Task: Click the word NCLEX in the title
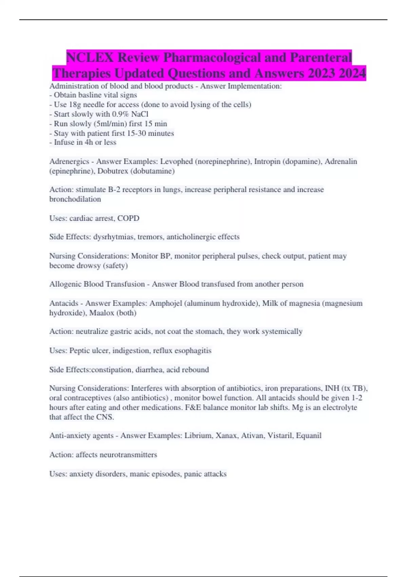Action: (90, 57)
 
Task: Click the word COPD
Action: (128, 218)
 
